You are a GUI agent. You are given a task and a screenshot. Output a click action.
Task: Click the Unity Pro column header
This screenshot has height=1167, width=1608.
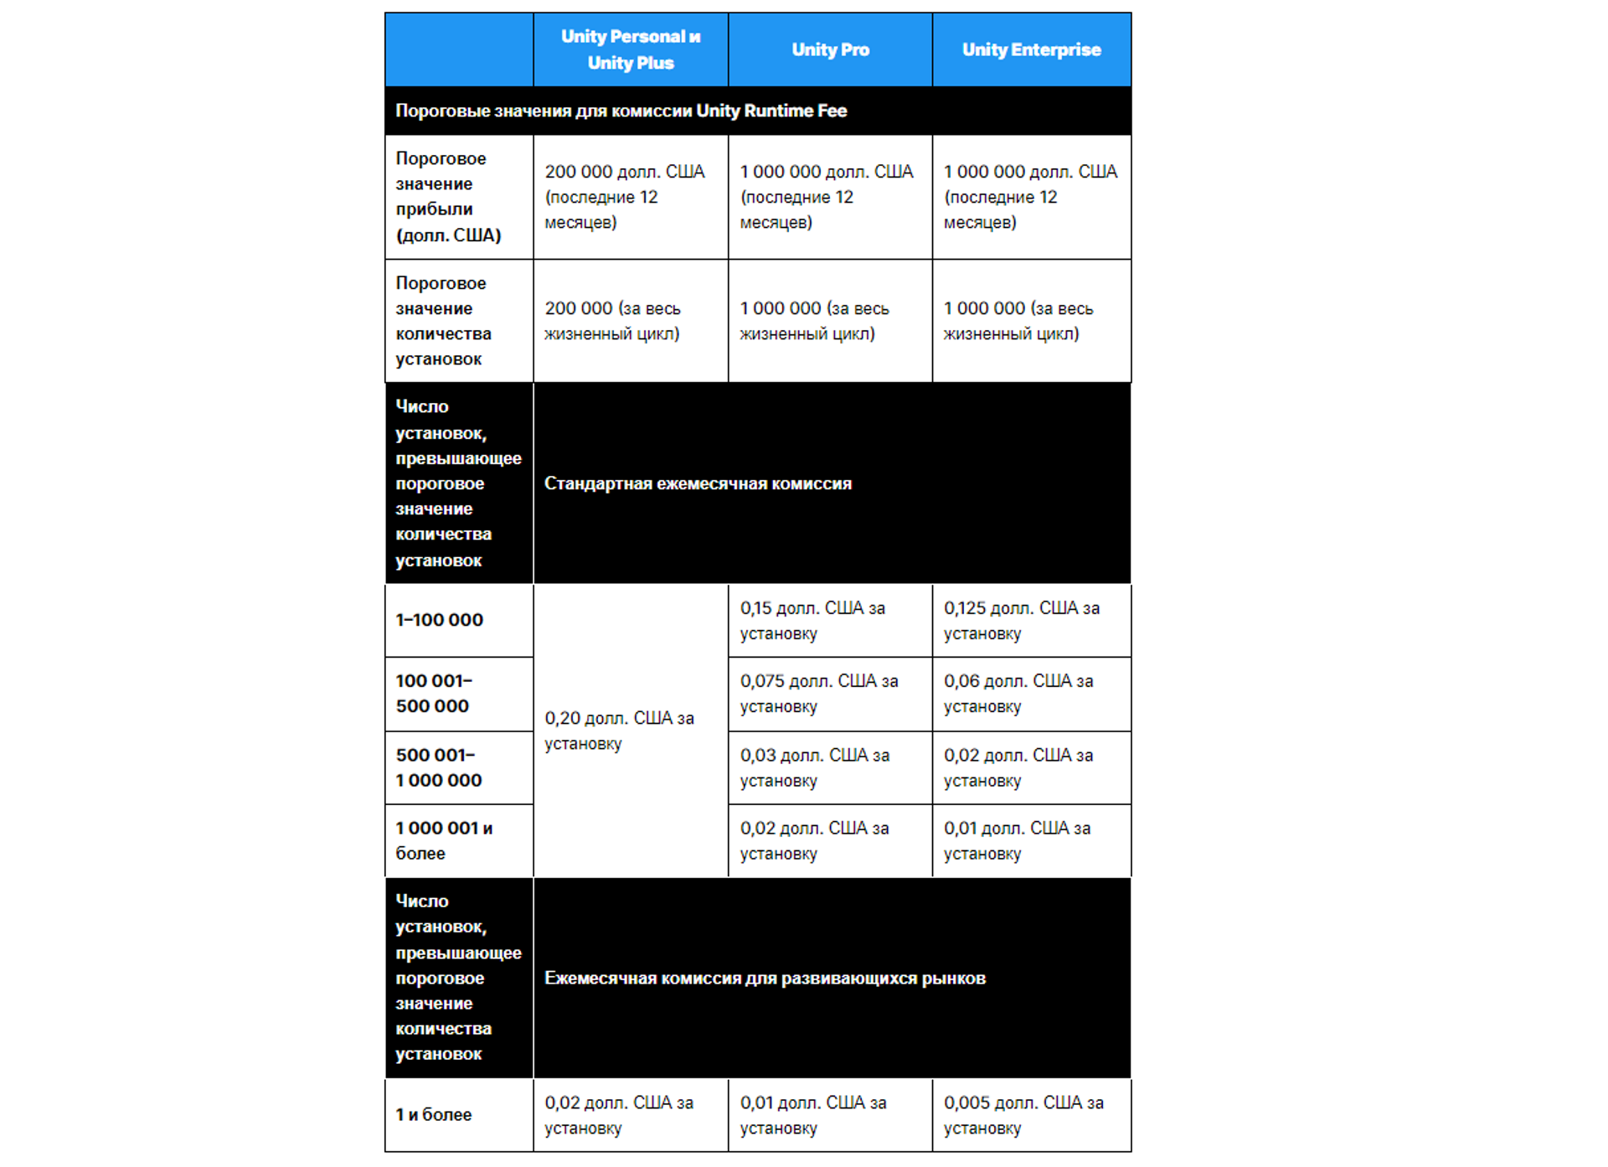[x=830, y=49]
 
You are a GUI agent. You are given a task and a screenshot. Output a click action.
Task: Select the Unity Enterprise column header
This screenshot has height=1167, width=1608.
[x=1031, y=49]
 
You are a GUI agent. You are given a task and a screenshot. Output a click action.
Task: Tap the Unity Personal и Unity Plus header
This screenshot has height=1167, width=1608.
[x=631, y=49]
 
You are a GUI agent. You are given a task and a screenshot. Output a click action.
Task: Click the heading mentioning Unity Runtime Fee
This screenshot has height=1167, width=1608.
[x=621, y=111]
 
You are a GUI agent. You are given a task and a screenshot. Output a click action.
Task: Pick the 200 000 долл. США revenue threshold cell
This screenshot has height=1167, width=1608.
[x=625, y=197]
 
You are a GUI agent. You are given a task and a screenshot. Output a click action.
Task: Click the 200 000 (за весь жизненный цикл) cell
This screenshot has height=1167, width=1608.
[x=613, y=321]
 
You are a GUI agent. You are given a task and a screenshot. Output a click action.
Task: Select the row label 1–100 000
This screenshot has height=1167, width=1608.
[x=440, y=620]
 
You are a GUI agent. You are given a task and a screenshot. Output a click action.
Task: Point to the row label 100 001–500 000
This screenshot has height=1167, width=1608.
[x=434, y=694]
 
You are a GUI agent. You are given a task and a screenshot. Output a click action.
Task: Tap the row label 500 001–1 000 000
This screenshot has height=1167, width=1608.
[x=439, y=767]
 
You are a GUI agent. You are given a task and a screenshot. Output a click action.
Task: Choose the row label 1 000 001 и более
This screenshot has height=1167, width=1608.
[x=444, y=840]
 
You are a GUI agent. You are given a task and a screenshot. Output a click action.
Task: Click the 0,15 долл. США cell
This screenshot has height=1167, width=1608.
[x=812, y=621]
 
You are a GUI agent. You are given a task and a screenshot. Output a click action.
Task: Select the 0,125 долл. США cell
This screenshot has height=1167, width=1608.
[x=1022, y=621]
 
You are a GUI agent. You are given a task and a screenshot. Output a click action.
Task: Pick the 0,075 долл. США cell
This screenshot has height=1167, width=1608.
[x=818, y=694]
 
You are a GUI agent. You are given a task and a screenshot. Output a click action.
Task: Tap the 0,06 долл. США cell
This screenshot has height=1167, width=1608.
[x=1018, y=694]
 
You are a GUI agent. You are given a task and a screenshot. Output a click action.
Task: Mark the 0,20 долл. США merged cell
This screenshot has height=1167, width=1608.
[x=619, y=731]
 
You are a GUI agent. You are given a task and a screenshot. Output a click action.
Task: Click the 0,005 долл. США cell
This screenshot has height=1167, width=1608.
[x=1023, y=1115]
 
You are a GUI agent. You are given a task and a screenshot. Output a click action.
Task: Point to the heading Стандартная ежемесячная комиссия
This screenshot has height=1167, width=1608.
[x=698, y=483]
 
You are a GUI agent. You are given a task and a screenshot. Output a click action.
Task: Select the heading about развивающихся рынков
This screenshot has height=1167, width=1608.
[x=765, y=978]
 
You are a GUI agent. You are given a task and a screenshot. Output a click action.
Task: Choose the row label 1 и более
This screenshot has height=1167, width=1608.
[x=434, y=1115]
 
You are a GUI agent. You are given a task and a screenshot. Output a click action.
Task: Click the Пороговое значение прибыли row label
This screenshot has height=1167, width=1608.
[x=448, y=197]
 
